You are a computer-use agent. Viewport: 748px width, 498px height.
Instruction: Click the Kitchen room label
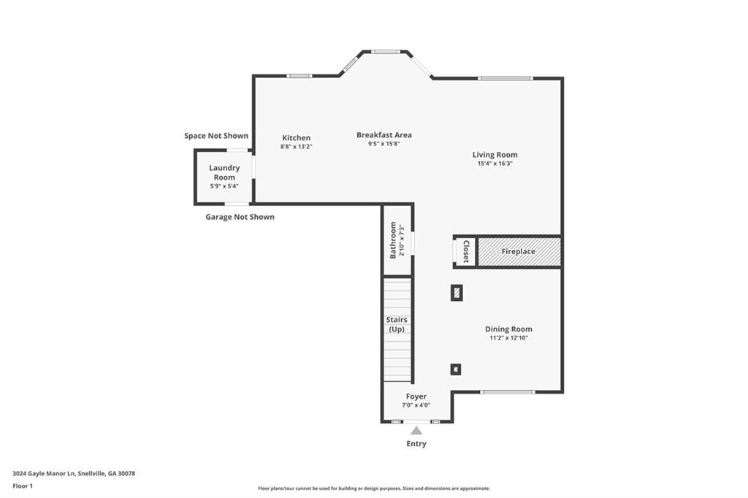pyautogui.click(x=296, y=137)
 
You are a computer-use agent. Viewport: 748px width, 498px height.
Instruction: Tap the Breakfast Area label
pyautogui.click(x=383, y=134)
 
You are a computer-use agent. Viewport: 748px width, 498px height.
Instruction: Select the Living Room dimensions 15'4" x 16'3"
pyautogui.click(x=495, y=164)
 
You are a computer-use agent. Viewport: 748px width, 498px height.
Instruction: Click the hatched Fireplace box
pyautogui.click(x=519, y=252)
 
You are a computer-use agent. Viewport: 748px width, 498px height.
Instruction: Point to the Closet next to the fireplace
pyautogui.click(x=465, y=251)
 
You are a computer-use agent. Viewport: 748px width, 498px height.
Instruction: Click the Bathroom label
pyautogui.click(x=393, y=240)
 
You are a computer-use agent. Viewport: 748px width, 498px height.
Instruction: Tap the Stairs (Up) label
pyautogui.click(x=397, y=324)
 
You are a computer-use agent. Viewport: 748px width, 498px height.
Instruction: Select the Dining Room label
pyautogui.click(x=508, y=329)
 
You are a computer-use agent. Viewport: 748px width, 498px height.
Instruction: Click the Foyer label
pyautogui.click(x=416, y=397)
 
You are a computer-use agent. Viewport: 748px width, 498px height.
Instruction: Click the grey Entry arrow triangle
pyautogui.click(x=416, y=431)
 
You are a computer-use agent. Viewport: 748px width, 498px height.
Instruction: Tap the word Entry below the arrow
pyautogui.click(x=416, y=444)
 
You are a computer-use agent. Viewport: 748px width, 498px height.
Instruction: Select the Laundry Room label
pyautogui.click(x=224, y=172)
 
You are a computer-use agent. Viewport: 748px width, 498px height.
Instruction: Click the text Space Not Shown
pyautogui.click(x=216, y=136)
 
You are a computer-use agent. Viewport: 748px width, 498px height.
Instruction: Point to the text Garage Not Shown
pyautogui.click(x=240, y=217)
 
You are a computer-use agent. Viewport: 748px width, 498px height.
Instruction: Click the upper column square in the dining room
pyautogui.click(x=457, y=293)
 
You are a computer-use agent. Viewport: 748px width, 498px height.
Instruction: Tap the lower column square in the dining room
pyautogui.click(x=456, y=369)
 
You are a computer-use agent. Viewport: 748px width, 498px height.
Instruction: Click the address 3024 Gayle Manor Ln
pyautogui.click(x=44, y=473)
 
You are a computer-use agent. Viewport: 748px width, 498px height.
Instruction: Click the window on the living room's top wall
pyautogui.click(x=505, y=78)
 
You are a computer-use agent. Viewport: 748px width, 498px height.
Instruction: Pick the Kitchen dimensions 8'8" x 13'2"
pyautogui.click(x=296, y=147)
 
